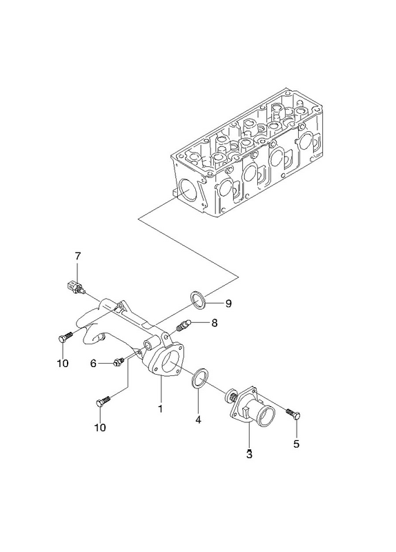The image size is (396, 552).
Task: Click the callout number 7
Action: click(x=78, y=256)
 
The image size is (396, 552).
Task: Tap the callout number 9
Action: click(x=228, y=304)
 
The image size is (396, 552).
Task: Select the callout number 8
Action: click(x=215, y=323)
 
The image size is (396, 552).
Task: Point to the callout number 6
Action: click(x=93, y=364)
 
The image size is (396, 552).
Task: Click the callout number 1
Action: click(x=161, y=408)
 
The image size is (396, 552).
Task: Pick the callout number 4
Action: click(x=198, y=420)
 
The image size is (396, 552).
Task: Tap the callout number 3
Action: click(x=249, y=454)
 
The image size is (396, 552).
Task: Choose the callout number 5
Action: click(x=297, y=444)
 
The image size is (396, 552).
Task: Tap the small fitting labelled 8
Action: click(x=183, y=326)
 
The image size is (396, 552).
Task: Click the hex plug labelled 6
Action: click(x=118, y=362)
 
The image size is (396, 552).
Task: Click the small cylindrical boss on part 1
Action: click(x=150, y=343)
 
